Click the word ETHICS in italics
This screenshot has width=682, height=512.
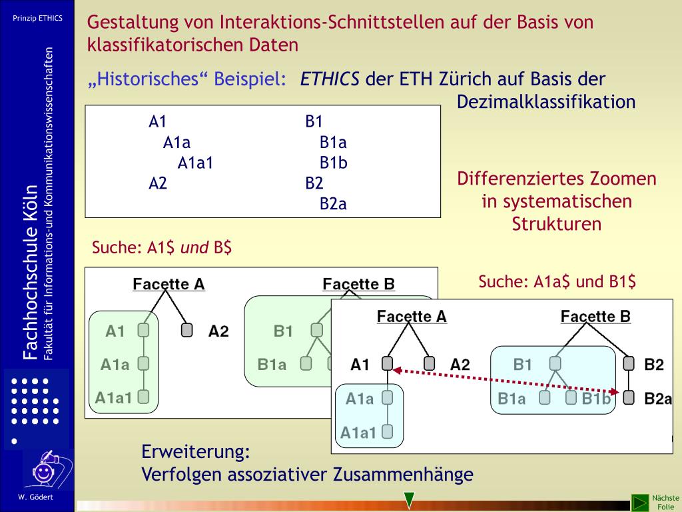click(x=330, y=79)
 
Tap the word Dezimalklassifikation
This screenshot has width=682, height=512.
click(x=546, y=102)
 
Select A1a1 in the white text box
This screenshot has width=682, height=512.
click(x=195, y=163)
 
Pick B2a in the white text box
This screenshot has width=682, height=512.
click(x=333, y=204)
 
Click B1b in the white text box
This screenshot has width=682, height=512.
click(x=334, y=163)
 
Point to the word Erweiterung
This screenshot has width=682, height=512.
click(x=196, y=451)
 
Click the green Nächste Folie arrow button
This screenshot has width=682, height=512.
click(x=640, y=502)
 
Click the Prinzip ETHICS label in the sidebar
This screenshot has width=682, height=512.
click(x=37, y=18)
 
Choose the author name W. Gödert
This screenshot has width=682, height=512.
click(x=36, y=497)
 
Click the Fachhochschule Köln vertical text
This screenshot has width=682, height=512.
click(x=29, y=273)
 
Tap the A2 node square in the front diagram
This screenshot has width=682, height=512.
click(x=430, y=364)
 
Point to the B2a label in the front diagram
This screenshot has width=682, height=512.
click(x=658, y=399)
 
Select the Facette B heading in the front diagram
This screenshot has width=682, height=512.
click(x=595, y=316)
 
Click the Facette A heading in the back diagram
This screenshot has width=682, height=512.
click(x=169, y=284)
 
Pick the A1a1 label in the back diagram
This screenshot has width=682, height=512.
click(x=113, y=397)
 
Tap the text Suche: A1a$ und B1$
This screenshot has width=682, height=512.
click(x=557, y=282)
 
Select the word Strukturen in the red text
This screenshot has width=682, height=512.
click(x=557, y=224)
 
